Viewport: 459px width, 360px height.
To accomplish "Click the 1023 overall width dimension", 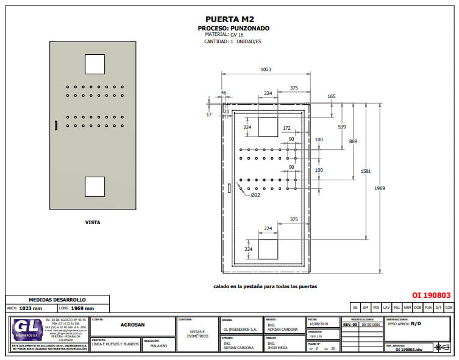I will [x=265, y=70].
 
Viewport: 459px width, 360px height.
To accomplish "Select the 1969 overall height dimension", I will [x=380, y=188].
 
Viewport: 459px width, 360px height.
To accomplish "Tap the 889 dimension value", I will [x=353, y=141].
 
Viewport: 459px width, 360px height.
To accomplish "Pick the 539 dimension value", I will [x=341, y=127].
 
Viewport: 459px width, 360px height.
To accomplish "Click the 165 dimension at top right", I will [x=331, y=96].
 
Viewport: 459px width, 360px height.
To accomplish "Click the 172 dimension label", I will [x=286, y=129].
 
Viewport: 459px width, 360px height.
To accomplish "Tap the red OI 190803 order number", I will [x=431, y=295].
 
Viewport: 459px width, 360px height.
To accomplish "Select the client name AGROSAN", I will [x=132, y=326].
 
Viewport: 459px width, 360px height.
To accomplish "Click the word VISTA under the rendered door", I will [x=93, y=222].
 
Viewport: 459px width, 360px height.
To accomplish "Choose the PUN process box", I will [x=428, y=308].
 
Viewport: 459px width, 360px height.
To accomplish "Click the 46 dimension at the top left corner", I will [x=223, y=93].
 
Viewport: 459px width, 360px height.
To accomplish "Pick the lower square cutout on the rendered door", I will [x=94, y=186].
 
